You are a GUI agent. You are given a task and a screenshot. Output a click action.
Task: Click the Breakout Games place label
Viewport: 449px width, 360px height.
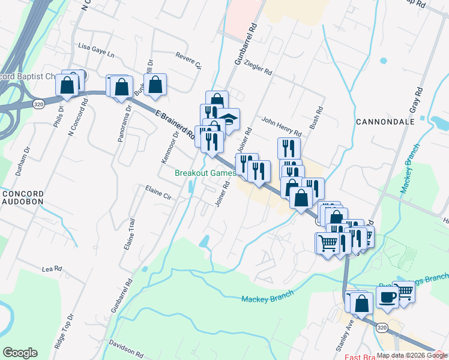coord(205,173)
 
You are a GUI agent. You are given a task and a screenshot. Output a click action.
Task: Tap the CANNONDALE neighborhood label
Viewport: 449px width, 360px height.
coord(385,122)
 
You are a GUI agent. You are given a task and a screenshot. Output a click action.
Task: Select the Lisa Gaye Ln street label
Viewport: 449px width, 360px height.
coord(96,49)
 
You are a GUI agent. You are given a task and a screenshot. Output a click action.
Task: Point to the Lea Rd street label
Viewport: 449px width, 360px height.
coord(52,268)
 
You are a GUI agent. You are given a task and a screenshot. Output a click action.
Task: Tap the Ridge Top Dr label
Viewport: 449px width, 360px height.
coord(63,331)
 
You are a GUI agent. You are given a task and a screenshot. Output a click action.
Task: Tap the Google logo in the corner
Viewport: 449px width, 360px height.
coord(20,353)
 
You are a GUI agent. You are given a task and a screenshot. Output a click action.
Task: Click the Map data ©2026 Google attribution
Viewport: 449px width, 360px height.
coord(412,355)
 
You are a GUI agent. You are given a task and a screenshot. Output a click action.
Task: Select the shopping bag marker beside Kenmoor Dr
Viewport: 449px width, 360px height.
coord(155,86)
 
